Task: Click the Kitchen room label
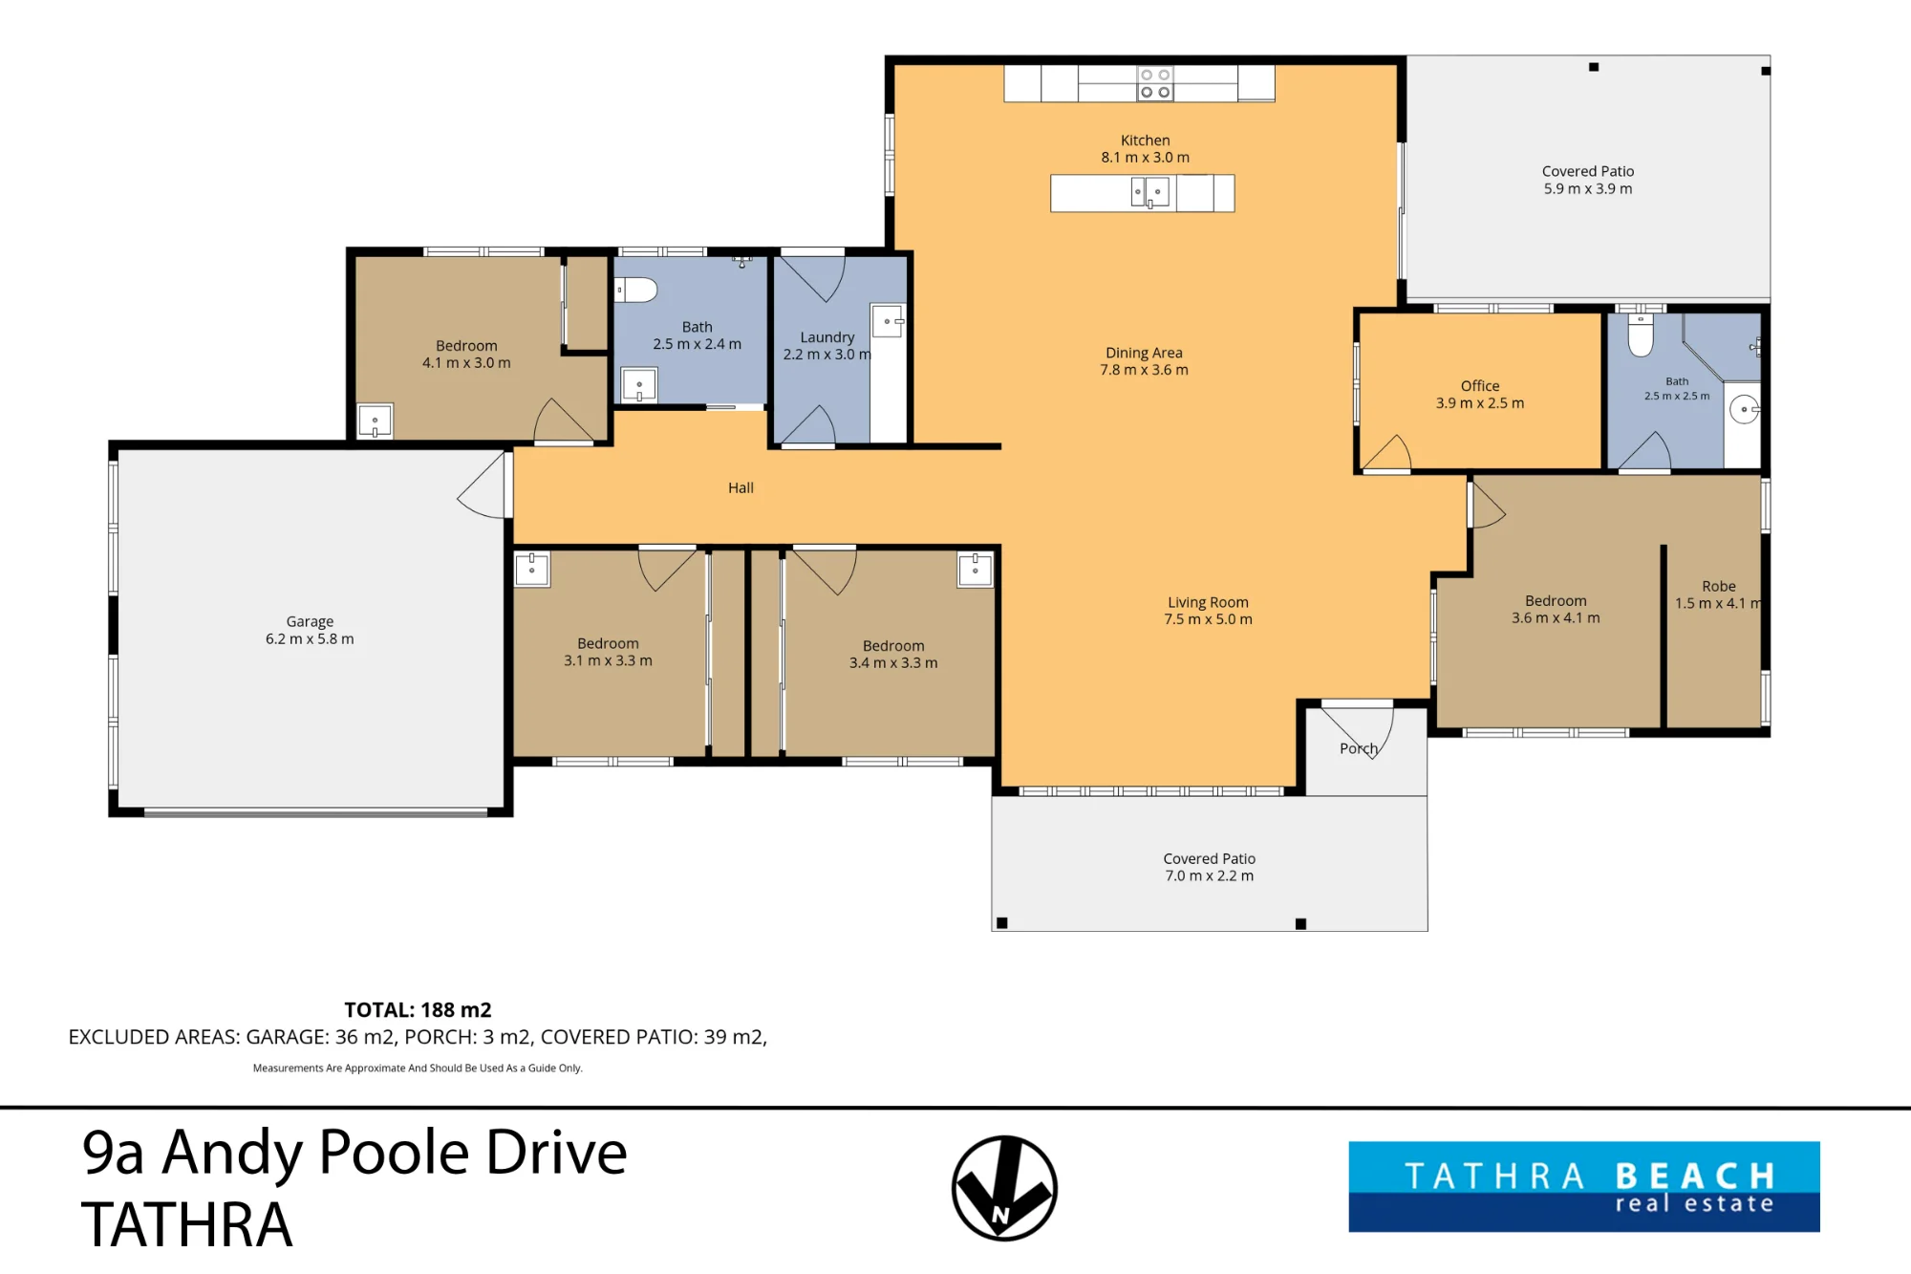[x=1145, y=140]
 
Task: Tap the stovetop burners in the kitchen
[x=1155, y=83]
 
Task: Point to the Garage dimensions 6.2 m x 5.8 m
[x=310, y=638]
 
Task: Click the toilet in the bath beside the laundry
[x=635, y=290]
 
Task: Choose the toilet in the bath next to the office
[x=1641, y=335]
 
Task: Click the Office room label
[x=1480, y=386]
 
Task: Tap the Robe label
[x=1719, y=586]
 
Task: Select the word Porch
[x=1359, y=748]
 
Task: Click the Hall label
[x=741, y=487]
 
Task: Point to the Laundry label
[x=827, y=337]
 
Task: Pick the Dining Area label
[x=1144, y=353]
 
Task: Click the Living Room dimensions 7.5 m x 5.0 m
[x=1208, y=619]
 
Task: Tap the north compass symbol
[x=1004, y=1188]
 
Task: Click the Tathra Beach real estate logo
[x=1584, y=1186]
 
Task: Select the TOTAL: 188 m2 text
[x=418, y=1010]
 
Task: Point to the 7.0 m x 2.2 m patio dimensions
[x=1209, y=875]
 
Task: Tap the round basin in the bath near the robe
[x=1744, y=410]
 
